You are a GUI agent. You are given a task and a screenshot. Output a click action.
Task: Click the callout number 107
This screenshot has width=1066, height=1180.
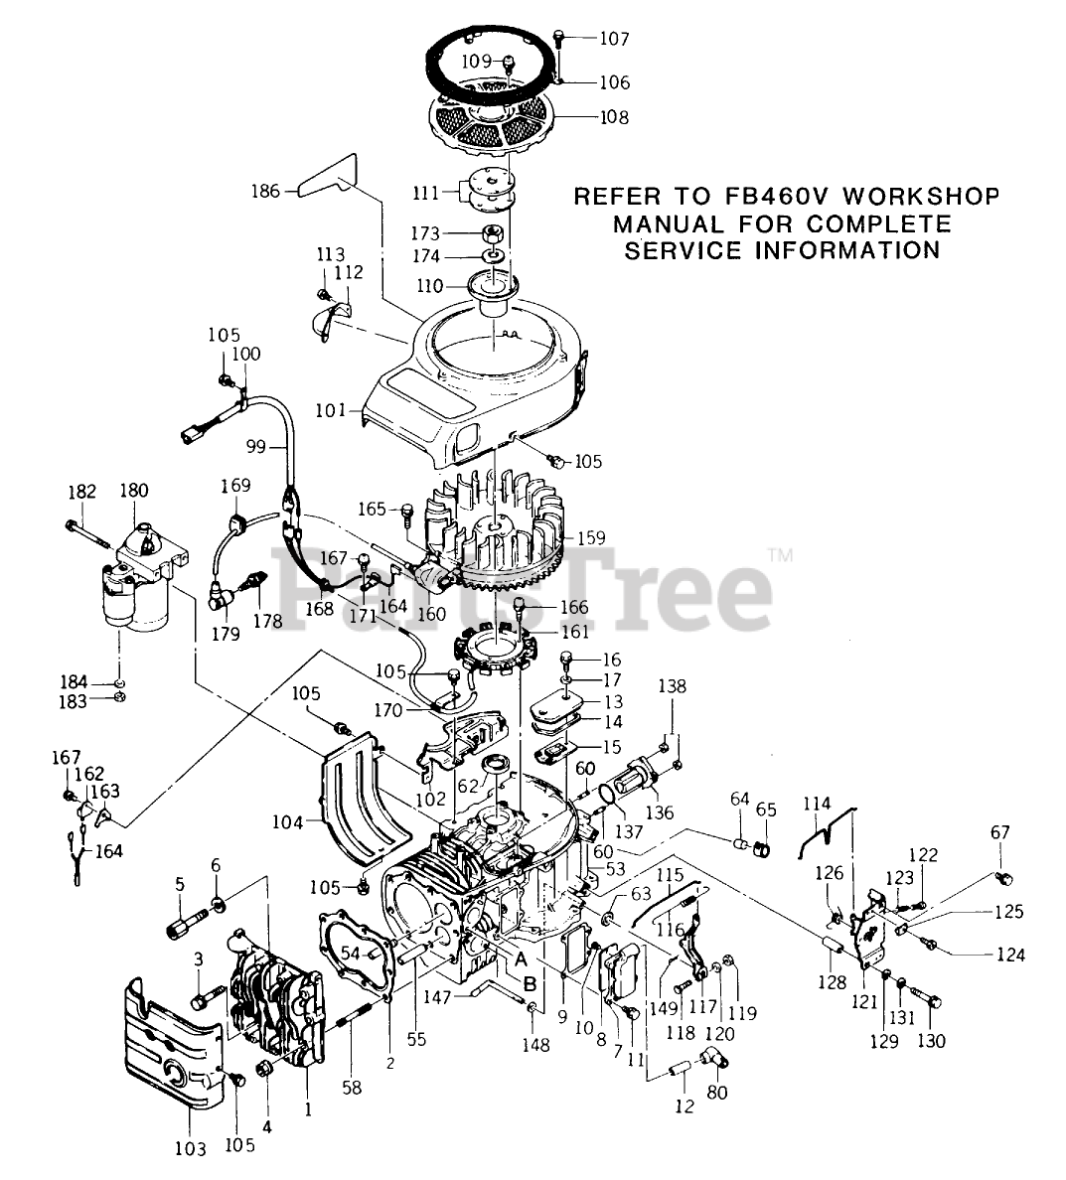614,39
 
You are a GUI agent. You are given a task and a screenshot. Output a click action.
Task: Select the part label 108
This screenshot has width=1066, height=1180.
613,117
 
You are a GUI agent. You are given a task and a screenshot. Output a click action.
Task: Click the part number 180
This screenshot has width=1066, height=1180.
134,491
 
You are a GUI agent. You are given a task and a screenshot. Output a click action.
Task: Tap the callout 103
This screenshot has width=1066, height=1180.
191,1149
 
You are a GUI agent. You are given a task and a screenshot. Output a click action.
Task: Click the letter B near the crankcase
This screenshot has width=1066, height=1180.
530,983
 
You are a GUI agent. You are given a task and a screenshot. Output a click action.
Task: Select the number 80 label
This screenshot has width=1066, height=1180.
716,1093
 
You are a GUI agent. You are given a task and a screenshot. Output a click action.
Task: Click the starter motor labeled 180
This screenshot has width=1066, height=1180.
134,586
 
